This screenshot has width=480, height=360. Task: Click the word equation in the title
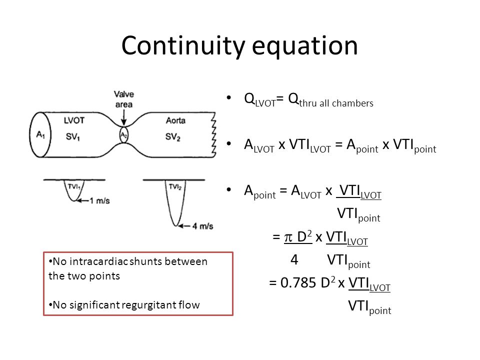coord(305,46)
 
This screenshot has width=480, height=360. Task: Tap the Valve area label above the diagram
coord(124,99)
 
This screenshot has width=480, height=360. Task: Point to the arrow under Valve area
coord(123,117)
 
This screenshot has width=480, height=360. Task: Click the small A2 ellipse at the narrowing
coord(123,135)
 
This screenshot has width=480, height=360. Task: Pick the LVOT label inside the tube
coord(74,120)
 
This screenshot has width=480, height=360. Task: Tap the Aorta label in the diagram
coord(175,120)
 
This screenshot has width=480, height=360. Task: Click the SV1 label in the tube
coord(73,136)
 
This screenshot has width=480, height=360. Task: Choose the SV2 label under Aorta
coord(173,136)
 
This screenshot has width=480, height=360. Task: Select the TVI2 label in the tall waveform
coord(175,186)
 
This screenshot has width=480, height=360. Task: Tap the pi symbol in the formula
coord(288,237)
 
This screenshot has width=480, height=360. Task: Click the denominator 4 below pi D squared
coord(294,260)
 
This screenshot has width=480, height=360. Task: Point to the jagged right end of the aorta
coord(213,134)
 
